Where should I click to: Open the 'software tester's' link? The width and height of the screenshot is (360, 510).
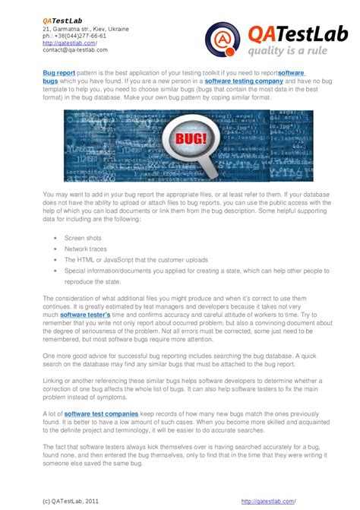click(86, 314)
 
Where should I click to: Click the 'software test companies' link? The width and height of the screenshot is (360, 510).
click(96, 413)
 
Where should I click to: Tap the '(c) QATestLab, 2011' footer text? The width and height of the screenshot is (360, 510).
click(70, 502)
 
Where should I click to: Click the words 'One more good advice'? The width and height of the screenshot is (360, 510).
click(74, 355)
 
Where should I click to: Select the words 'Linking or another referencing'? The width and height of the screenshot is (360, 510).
click(84, 382)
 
